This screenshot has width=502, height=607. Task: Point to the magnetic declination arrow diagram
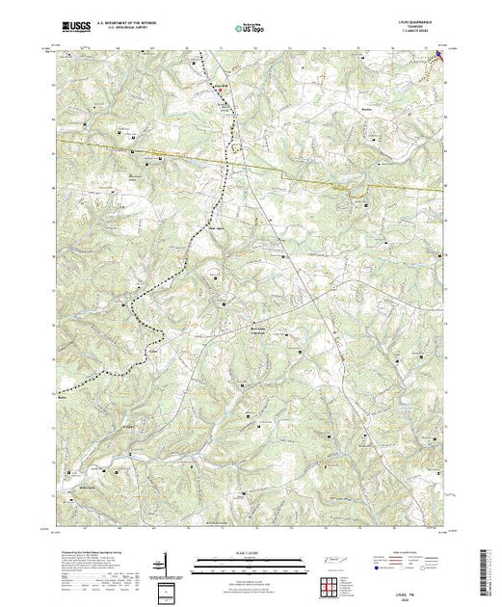coord(165,562)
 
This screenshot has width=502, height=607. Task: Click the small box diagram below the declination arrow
coord(166,590)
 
